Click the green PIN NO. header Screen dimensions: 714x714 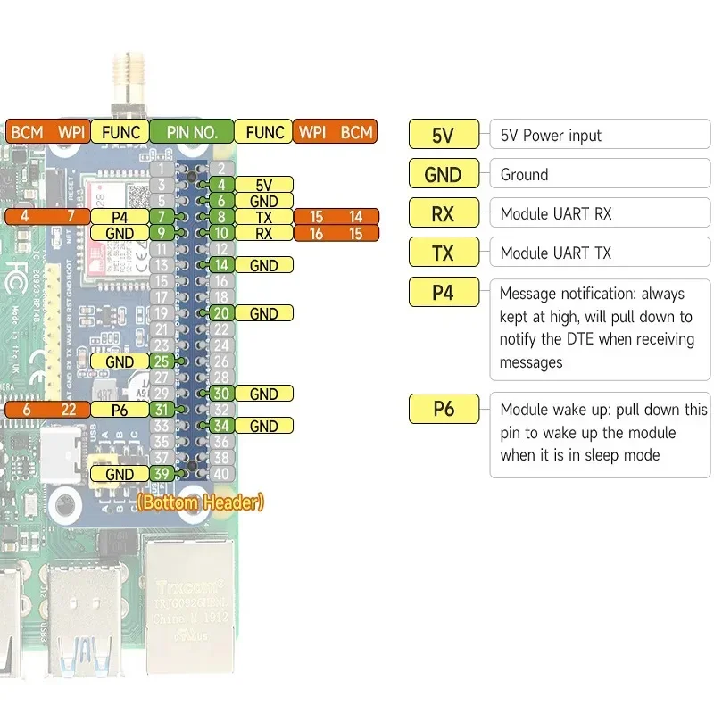coord(192,132)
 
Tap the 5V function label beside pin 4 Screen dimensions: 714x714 coord(263,185)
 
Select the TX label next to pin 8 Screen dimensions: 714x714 coord(263,217)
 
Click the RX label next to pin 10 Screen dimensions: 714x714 coord(263,234)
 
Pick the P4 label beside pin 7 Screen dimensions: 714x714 coord(119,217)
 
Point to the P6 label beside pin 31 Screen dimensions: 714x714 coord(119,409)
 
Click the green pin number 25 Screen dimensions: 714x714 coord(162,361)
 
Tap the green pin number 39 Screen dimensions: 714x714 coord(162,474)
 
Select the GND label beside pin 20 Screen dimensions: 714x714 coord(263,313)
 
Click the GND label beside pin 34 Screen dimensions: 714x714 coord(263,426)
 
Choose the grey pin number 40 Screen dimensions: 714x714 coord(222,474)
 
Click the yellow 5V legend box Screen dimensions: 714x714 coord(443,136)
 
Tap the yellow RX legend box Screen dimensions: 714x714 coord(443,214)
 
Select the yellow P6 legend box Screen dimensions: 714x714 coord(443,409)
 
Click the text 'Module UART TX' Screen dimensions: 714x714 coord(555,253)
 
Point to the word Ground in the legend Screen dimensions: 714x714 coord(524,175)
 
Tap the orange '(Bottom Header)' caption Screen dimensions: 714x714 coord(200,502)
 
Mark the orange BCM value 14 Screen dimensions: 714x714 coord(356,217)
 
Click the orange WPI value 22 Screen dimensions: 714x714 coord(69,409)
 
